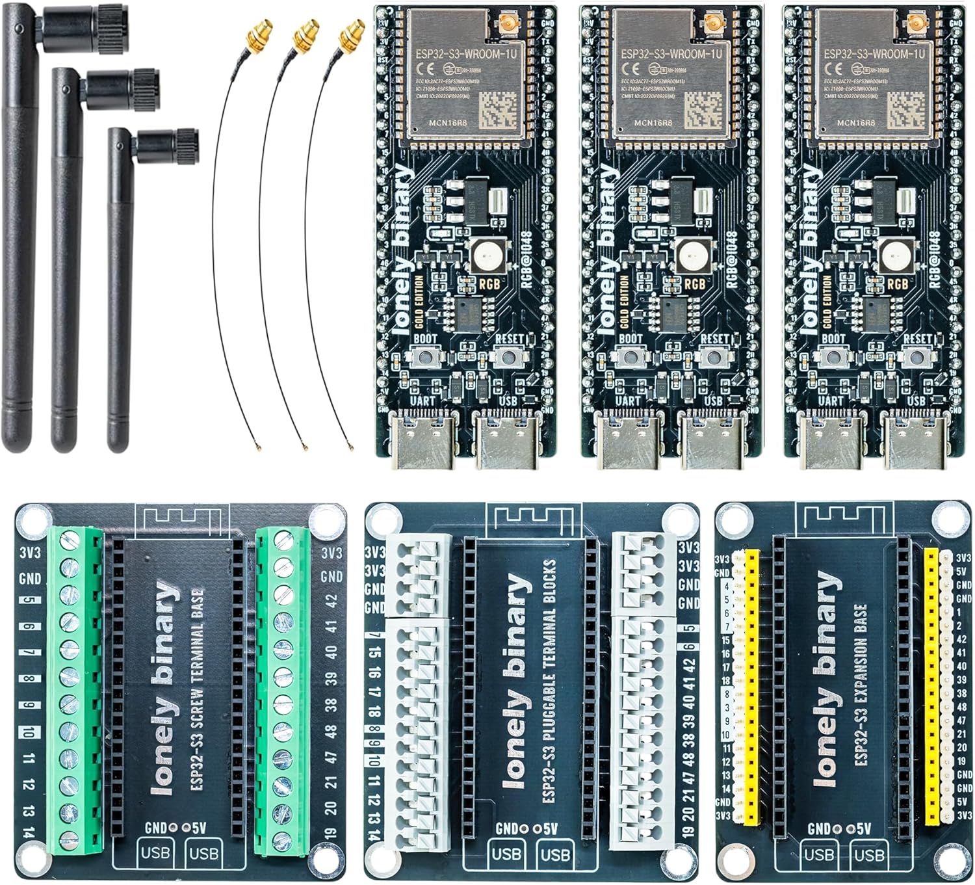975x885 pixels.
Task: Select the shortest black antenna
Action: pos(118,293)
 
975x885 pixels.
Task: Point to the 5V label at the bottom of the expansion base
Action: pos(864,829)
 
